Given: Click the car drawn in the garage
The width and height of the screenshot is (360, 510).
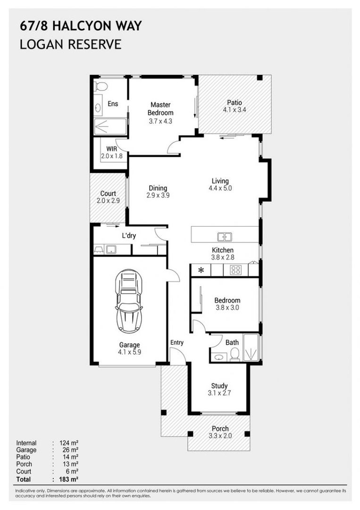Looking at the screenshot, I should [129, 301].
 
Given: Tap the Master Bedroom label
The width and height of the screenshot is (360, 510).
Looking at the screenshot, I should [160, 109].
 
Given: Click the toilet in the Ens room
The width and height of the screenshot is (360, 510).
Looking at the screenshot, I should [100, 86].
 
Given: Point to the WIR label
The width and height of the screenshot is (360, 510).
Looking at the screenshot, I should [111, 148].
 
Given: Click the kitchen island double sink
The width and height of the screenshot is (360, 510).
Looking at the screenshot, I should [224, 237].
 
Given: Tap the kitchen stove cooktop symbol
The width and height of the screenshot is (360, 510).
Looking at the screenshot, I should [235, 270].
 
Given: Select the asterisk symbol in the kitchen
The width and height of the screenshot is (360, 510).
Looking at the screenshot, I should [201, 271].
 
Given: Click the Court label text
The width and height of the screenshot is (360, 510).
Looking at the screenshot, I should [109, 194].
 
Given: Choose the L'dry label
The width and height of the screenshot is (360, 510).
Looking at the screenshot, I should [129, 236].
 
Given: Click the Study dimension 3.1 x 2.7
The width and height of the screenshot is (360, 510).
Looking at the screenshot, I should [219, 393].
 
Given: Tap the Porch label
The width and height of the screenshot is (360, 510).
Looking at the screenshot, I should [220, 429].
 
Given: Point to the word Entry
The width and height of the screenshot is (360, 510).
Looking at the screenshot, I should [176, 342].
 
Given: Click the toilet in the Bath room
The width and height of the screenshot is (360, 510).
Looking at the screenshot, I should [234, 355].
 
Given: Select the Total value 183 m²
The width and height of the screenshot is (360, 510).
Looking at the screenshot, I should [69, 479].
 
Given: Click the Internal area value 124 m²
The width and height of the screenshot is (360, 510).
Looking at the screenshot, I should [69, 443].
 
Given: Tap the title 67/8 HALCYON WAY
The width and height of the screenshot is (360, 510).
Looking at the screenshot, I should [80, 26].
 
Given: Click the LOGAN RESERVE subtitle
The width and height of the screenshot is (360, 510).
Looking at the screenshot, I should [70, 44].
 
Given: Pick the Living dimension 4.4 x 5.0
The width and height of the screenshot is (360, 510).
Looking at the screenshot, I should [220, 188].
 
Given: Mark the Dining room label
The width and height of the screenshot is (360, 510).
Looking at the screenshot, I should [158, 188].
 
